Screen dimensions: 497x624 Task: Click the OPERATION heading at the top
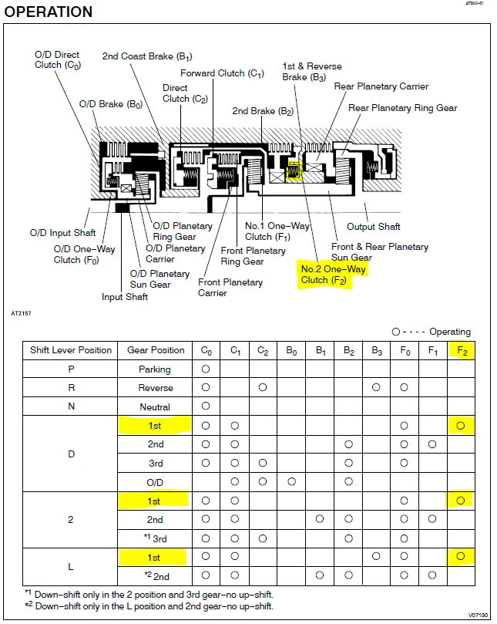coord(48,12)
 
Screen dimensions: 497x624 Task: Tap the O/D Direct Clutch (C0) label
coord(57,59)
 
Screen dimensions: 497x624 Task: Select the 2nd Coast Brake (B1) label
coord(147,56)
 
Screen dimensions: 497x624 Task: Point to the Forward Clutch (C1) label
coord(222,73)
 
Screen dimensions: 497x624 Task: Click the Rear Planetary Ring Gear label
coord(403,108)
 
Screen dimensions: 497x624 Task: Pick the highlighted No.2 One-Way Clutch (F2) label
coord(333,275)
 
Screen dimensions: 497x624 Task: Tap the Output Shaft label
coord(374,227)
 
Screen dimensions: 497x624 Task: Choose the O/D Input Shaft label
coord(63,233)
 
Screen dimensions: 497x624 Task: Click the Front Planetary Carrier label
coord(230,288)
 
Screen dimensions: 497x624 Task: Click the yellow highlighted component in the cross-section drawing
coord(294,171)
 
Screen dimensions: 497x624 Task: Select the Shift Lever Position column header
coord(71,350)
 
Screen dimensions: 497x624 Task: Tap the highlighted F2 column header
coord(462,351)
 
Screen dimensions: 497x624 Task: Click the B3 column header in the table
coord(376,351)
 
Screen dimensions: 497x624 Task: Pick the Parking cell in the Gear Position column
coord(155,369)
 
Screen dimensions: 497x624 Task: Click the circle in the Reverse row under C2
coord(263,387)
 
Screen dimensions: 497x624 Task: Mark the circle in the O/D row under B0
coord(291,481)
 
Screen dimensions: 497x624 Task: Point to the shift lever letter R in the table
coord(71,388)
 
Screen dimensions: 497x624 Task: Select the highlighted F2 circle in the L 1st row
coord(461,556)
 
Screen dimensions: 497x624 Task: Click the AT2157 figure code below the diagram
coord(21,313)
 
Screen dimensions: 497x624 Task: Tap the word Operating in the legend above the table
coord(450,332)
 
